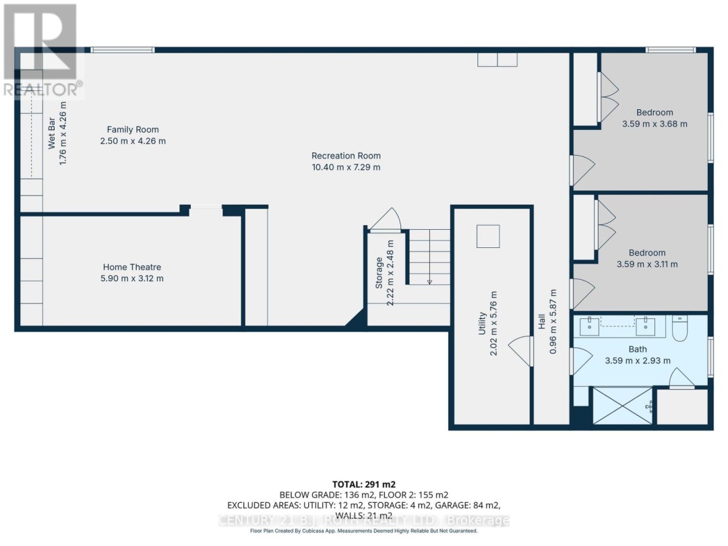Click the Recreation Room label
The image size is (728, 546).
click(x=346, y=156)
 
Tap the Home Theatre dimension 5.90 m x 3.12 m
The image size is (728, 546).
click(x=132, y=278)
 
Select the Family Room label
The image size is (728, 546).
click(x=133, y=129)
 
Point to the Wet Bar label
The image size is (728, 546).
click(x=51, y=135)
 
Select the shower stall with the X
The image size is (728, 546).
click(x=622, y=406)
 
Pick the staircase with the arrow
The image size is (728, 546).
click(x=429, y=257)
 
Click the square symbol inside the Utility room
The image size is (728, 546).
click(x=488, y=237)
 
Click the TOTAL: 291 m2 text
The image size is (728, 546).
click(x=363, y=484)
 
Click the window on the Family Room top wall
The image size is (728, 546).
click(x=123, y=49)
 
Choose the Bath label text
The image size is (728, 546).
click(x=638, y=349)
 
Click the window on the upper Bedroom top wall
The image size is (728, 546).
click(x=670, y=49)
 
